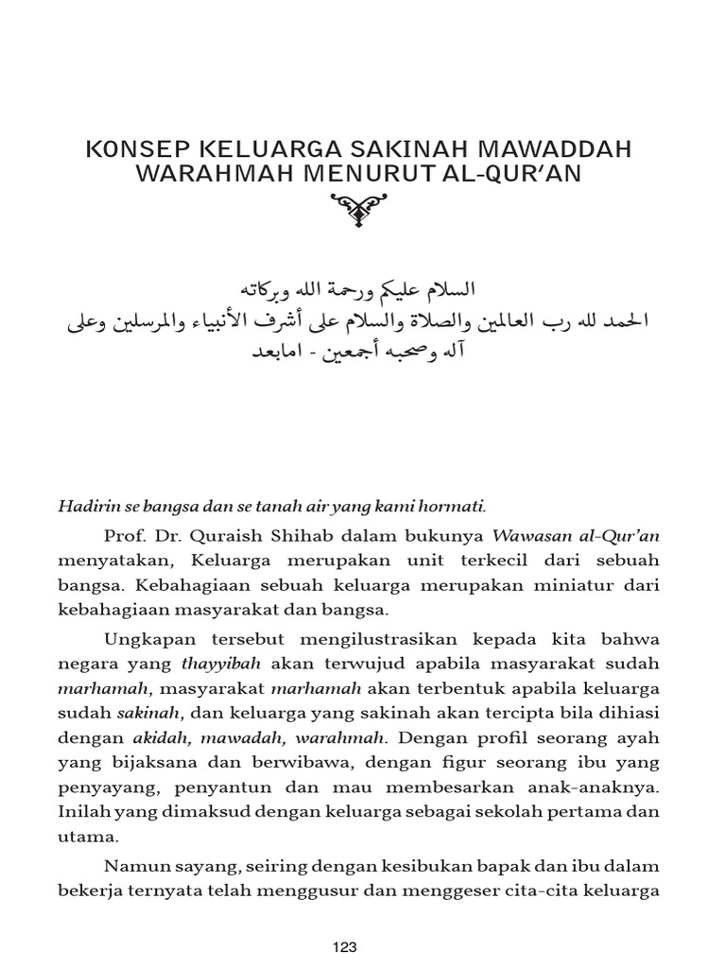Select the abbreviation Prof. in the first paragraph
125,536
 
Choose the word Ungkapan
147,638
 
